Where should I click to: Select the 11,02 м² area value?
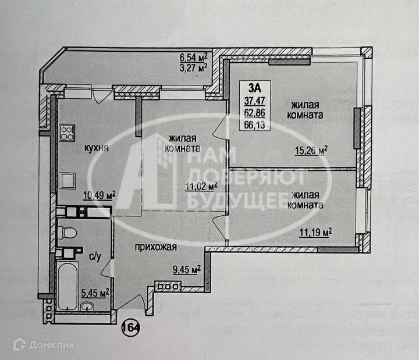(x=201, y=187)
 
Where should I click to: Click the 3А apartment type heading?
(x=254, y=88)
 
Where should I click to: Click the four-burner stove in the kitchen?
(x=66, y=133)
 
